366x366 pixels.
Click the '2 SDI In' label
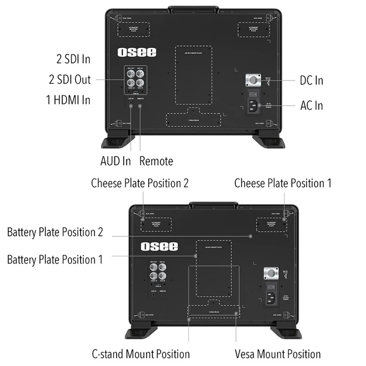click(x=73, y=59)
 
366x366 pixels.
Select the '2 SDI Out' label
click(x=70, y=80)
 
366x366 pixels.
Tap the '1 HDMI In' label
click(x=68, y=100)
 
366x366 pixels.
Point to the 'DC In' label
click(x=311, y=81)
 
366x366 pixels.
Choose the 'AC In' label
click(x=311, y=105)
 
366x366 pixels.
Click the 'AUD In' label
click(x=115, y=161)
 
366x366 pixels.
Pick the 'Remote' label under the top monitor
click(x=156, y=161)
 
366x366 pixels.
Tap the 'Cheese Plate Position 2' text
click(x=140, y=183)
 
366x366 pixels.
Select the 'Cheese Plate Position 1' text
click(x=283, y=183)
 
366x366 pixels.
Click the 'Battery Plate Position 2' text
click(x=55, y=232)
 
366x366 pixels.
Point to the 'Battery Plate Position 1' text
click(x=55, y=259)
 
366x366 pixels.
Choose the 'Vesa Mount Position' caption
click(x=278, y=354)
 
